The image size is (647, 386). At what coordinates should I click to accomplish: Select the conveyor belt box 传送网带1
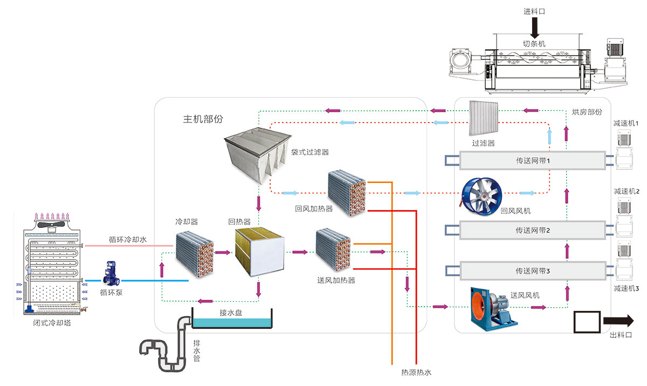(532, 161)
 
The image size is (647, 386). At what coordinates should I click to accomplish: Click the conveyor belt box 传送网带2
(532, 231)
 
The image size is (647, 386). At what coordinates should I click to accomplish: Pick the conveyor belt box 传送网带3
(532, 270)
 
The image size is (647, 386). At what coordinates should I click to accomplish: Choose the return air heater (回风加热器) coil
(347, 193)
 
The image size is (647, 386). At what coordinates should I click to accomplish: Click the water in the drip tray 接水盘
(232, 322)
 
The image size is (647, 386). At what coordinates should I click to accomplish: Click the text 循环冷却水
(127, 239)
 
